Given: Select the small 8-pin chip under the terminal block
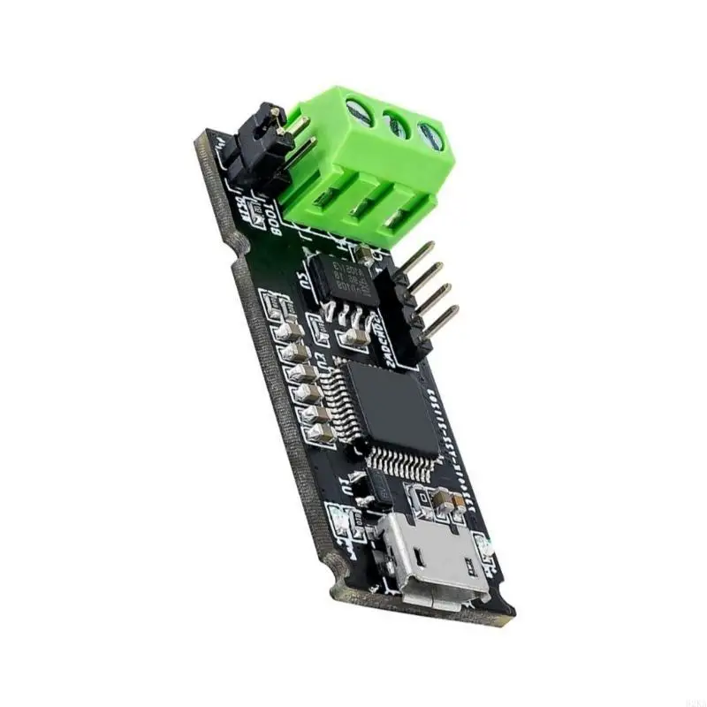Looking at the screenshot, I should tap(345, 274).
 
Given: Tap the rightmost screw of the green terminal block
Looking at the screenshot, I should tap(431, 135).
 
